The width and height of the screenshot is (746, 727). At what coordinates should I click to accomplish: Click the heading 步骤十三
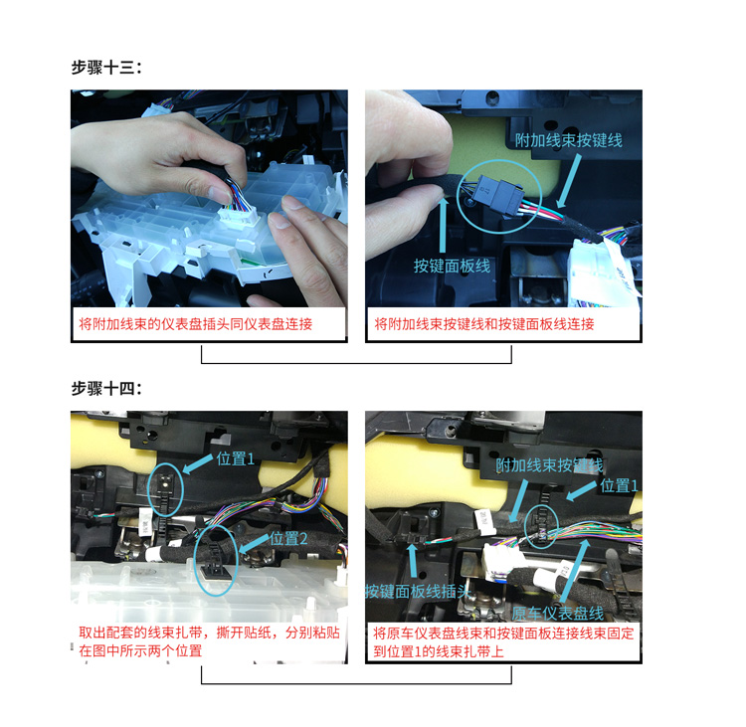106,68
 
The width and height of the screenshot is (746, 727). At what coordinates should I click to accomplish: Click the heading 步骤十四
106,389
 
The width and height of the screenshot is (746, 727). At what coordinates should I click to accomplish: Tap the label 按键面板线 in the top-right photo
452,266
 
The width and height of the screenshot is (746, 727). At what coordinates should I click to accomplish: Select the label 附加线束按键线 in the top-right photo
569,140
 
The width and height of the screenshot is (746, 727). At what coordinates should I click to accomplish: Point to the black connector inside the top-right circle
499,196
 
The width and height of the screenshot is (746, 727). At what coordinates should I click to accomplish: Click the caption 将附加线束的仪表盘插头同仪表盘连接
196,324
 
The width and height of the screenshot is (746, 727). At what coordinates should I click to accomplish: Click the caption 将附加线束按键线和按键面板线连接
484,324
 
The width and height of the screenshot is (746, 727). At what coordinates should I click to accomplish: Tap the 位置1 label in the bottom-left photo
236,459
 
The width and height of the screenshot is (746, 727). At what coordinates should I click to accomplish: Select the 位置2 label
288,539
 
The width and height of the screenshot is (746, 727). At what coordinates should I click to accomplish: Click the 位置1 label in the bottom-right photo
619,485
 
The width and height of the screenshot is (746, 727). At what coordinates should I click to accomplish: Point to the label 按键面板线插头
418,592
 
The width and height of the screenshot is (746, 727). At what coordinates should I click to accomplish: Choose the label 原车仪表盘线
558,614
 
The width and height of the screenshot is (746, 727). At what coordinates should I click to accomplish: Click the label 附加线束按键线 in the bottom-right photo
549,465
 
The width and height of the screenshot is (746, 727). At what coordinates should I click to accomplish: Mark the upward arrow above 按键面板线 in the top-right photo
443,224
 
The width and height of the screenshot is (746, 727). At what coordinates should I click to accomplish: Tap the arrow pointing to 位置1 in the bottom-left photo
198,463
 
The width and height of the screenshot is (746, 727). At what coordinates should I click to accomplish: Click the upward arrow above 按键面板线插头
413,561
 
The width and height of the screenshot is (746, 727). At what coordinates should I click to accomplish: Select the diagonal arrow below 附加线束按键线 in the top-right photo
569,181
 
